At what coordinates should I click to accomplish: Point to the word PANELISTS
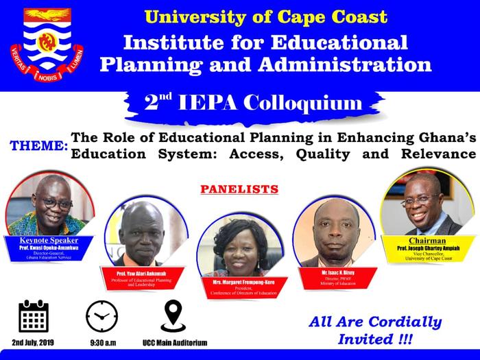pos(239,188)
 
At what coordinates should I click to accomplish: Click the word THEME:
pos(38,146)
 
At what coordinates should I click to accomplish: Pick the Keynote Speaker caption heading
pos(50,240)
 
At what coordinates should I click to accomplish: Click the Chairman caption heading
pos(427,241)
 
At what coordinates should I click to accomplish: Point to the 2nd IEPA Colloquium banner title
pos(253,104)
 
